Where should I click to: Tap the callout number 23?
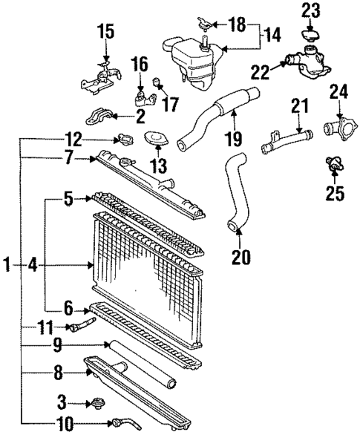310,11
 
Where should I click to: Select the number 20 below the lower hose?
241,257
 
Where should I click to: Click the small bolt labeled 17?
157,81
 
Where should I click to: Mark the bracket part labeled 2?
100,117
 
